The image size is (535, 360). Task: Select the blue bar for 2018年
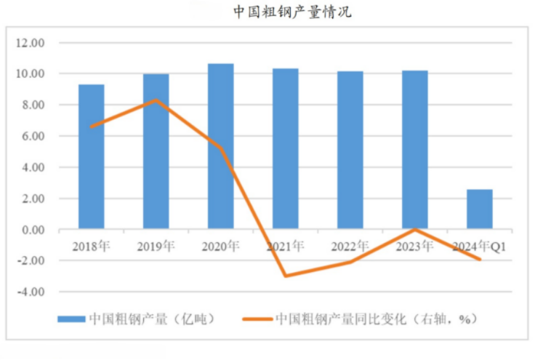91,156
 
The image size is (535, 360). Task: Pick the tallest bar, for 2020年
220,145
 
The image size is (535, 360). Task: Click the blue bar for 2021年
285,149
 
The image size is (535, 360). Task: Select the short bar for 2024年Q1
479,209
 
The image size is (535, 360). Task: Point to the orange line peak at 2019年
156,100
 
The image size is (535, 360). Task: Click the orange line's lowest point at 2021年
285,276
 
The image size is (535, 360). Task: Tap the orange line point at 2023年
414,229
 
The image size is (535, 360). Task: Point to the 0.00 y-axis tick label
33,230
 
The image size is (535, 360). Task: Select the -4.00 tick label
31,292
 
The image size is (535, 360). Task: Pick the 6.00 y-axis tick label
33,136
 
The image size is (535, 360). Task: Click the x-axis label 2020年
220,246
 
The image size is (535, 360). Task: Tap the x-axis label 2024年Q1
479,246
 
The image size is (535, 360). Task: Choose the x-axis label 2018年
91,246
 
